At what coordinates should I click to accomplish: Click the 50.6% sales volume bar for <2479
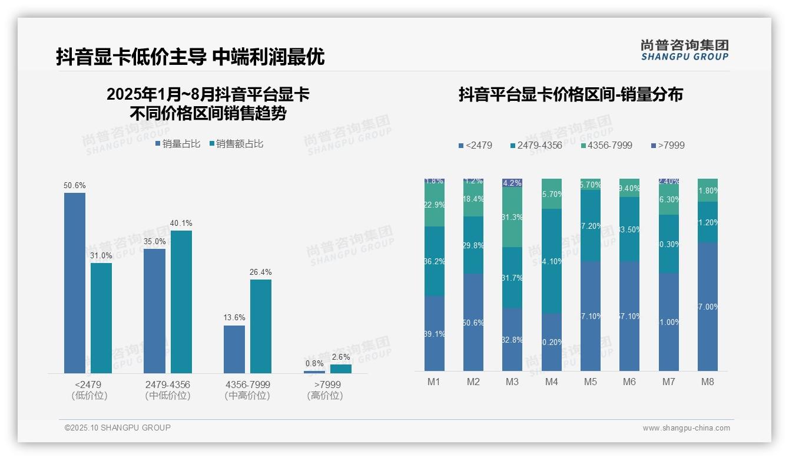[75, 283]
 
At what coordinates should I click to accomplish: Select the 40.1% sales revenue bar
[181, 301]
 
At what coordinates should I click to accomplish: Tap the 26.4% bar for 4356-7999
[261, 326]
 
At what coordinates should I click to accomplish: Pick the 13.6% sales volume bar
[234, 349]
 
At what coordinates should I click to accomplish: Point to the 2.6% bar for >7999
[340, 369]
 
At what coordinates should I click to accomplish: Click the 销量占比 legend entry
[178, 144]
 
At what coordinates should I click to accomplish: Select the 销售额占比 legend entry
[236, 144]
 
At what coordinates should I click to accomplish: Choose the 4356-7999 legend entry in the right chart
[606, 146]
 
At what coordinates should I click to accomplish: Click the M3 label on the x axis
[512, 382]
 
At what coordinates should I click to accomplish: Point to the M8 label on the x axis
[708, 382]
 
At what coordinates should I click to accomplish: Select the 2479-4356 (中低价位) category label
[168, 390]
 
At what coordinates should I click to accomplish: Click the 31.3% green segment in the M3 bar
[512, 217]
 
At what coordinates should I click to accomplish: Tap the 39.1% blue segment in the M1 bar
[435, 333]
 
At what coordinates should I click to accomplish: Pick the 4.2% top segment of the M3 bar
[512, 183]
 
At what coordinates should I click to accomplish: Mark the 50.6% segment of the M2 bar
[473, 322]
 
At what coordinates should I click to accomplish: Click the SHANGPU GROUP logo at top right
[684, 50]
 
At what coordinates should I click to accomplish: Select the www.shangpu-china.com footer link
[686, 428]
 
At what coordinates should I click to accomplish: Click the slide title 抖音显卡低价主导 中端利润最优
[190, 57]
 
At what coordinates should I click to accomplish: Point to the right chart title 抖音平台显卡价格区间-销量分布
[570, 94]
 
